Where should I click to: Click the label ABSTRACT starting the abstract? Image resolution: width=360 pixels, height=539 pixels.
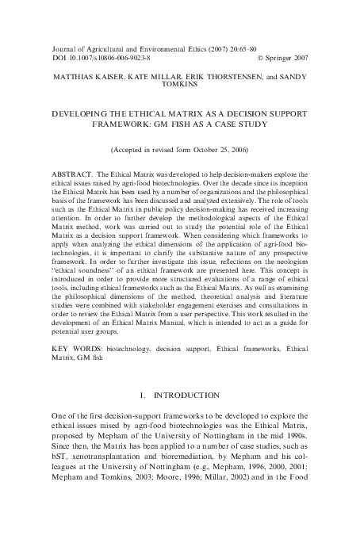(68, 171)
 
